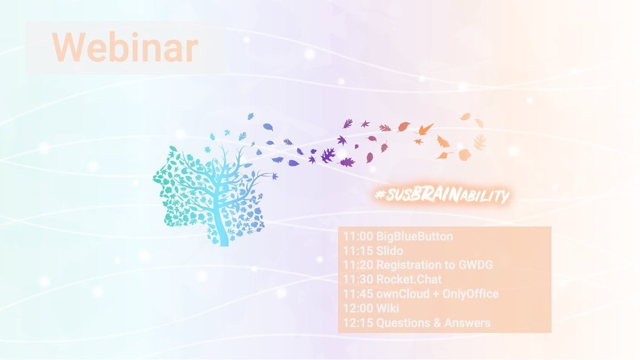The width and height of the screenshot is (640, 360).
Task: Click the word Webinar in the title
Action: pos(126,47)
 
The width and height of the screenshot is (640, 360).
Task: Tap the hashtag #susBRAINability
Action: pos(442,195)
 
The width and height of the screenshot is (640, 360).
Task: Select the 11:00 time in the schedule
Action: pos(357,236)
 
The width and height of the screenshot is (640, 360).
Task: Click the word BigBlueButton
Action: pos(415,236)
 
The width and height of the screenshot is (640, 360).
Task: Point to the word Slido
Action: pos(389,251)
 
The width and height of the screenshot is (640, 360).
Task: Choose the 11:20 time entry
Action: pos(357,265)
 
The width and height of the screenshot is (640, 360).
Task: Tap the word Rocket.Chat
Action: pos(409,279)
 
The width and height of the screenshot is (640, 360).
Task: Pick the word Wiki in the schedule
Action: pos(388,308)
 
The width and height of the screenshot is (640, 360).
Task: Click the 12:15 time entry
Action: pos(357,323)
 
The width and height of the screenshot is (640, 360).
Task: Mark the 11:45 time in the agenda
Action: pos(357,294)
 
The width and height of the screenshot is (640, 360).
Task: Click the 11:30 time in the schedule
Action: pos(357,279)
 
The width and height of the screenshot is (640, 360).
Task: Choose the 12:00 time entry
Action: pos(357,308)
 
